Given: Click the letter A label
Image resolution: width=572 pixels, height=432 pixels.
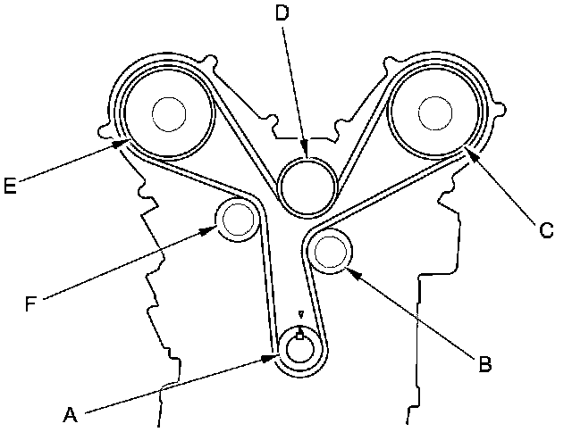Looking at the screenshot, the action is click(x=71, y=414).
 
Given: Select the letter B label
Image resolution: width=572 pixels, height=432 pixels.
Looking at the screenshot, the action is click(x=484, y=363).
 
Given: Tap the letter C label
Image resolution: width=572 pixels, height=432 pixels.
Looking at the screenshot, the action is click(x=546, y=230).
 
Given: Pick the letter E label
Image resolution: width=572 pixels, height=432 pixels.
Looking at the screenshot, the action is click(x=10, y=186).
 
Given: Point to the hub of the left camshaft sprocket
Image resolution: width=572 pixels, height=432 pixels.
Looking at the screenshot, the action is click(x=168, y=113).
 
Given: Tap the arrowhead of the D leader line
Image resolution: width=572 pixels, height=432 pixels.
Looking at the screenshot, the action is click(x=306, y=154).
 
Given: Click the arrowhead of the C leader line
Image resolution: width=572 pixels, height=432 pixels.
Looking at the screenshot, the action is click(x=467, y=153).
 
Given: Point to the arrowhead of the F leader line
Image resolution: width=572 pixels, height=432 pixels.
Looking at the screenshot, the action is click(x=214, y=228).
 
